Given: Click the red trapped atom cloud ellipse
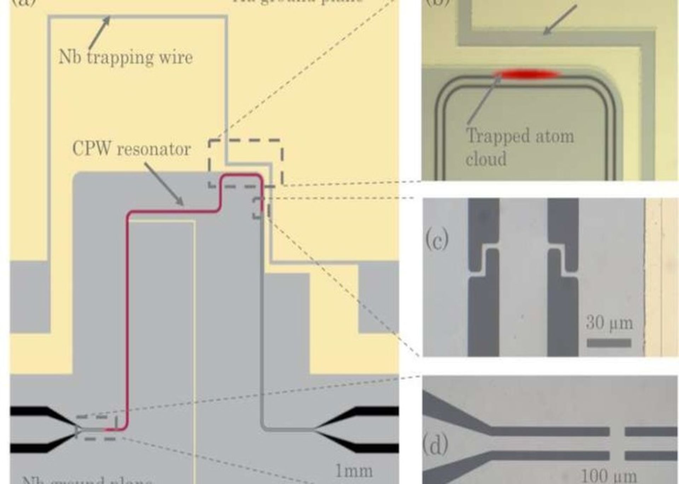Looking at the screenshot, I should click(527, 74).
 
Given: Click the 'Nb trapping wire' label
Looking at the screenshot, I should click(126, 57).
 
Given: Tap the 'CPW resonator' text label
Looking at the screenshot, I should click(132, 149).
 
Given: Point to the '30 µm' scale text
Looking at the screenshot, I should click(609, 323).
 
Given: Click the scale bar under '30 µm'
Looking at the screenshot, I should click(609, 342).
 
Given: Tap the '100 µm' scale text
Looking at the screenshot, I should click(608, 476).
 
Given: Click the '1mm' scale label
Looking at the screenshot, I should click(353, 471).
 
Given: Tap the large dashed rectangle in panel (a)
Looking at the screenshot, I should click(246, 140).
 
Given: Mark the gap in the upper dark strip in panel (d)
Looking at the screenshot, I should click(617, 431).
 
